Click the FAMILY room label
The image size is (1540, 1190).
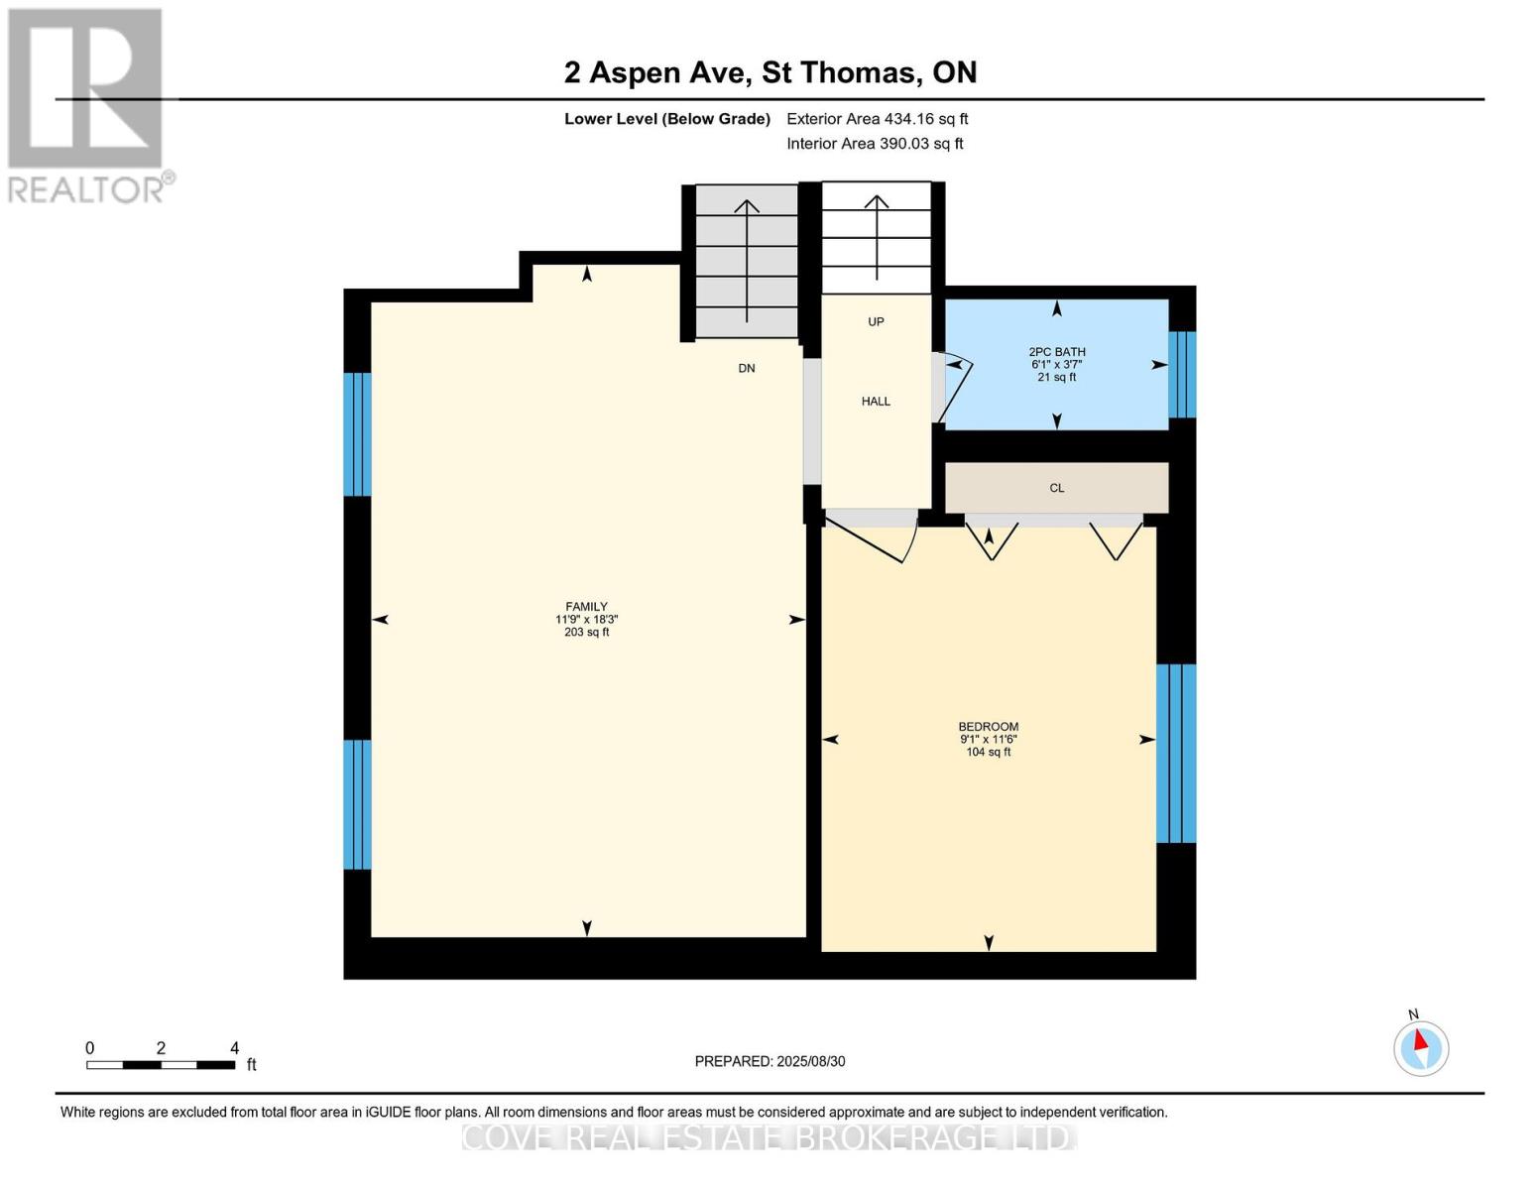click(586, 607)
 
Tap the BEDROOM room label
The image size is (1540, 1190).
click(988, 727)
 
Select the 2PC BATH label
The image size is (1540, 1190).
click(1057, 351)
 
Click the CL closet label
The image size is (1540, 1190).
click(1057, 488)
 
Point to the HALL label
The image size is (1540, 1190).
click(876, 402)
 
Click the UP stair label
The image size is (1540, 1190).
click(876, 321)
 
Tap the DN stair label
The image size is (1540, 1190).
click(747, 368)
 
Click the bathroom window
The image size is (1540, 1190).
click(1182, 374)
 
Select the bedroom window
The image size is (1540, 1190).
click(1176, 754)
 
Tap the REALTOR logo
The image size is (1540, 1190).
click(86, 106)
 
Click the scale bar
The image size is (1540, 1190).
click(161, 1064)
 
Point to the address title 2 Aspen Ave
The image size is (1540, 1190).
click(657, 72)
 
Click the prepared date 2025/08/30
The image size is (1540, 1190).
click(811, 1061)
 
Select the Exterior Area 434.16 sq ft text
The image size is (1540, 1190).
click(877, 119)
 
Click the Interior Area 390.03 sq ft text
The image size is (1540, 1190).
click(875, 144)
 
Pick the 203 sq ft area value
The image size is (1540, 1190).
click(586, 633)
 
